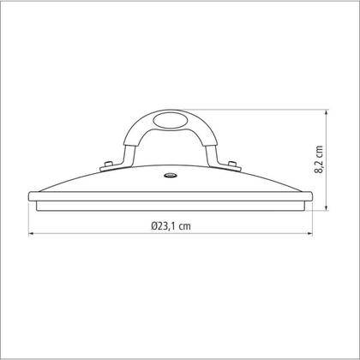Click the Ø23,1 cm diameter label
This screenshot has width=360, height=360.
click(171, 226)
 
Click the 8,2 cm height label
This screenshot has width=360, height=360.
click(319, 159)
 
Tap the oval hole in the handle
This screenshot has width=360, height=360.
click(171, 120)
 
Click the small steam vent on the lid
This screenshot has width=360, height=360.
click(171, 175)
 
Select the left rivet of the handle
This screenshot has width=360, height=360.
click(108, 164)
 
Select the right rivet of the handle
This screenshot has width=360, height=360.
click(232, 164)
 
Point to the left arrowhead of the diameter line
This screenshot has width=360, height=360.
click(31, 234)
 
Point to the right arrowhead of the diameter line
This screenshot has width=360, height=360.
click(309, 234)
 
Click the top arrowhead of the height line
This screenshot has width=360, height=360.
click(327, 112)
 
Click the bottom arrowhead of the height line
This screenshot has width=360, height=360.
click(327, 207)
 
